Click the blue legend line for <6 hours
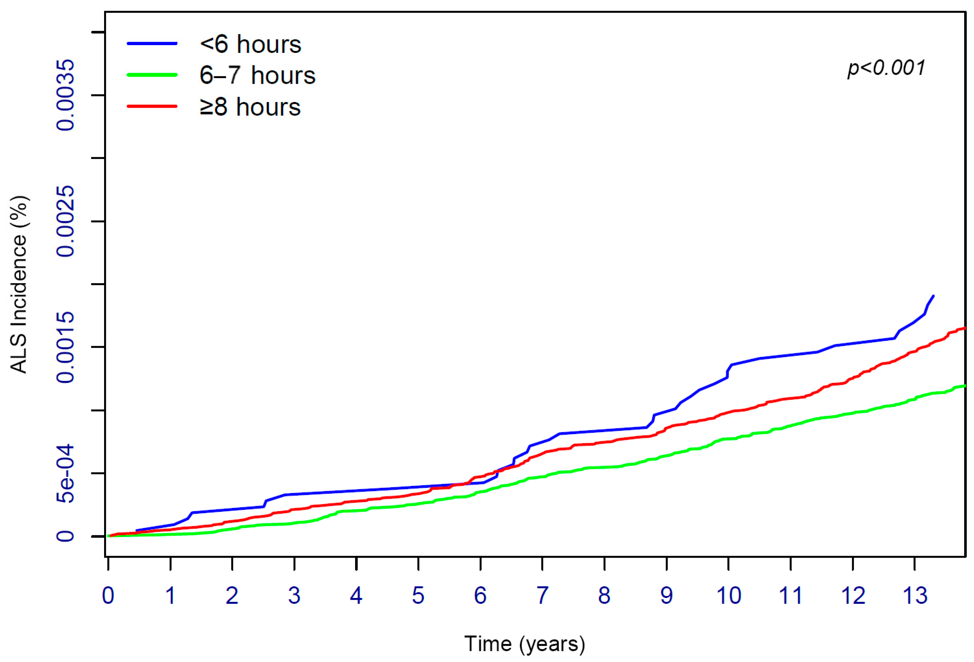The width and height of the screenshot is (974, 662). coord(152,43)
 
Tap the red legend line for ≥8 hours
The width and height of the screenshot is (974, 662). coord(152,106)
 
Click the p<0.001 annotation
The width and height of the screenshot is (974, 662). coord(886,68)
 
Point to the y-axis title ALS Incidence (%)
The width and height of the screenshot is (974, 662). coord(19,285)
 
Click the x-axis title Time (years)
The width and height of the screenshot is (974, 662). coord(524,643)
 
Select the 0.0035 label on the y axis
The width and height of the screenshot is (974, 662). coord(66,95)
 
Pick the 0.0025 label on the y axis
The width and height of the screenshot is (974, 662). coord(66,221)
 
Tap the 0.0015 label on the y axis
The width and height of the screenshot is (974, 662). coord(66,347)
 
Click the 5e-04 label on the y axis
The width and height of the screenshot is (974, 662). coord(66,473)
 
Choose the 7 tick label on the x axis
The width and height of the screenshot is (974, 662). coord(542,595)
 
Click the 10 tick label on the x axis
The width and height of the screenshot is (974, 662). coord(728,595)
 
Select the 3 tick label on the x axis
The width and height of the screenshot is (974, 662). coord(294,595)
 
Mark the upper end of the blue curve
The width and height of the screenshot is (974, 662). coord(933,296)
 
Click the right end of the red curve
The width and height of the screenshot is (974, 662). coord(965,328)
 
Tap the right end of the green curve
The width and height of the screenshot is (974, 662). coord(965,386)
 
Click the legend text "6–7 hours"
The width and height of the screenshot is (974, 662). coord(257,75)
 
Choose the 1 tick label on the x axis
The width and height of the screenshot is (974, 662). coord(170,595)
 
